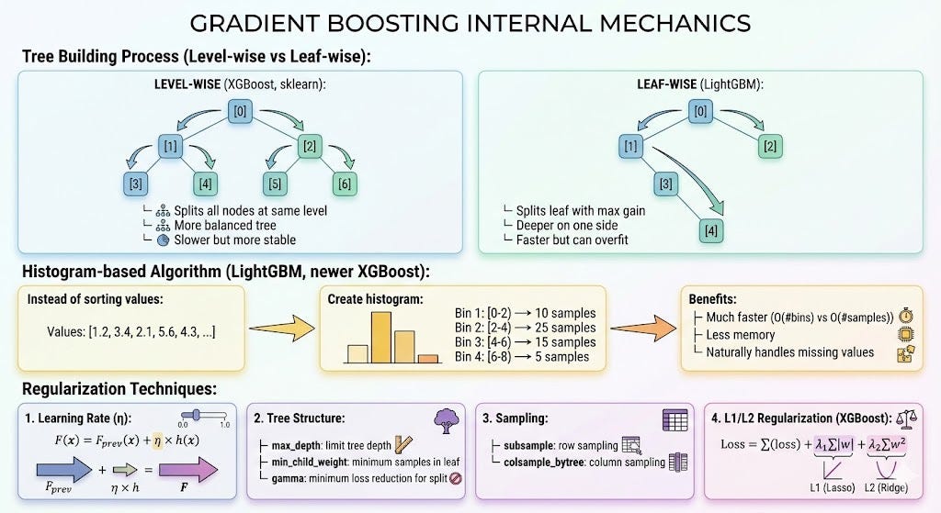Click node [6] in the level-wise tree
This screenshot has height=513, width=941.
click(x=345, y=184)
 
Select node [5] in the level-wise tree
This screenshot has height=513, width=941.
click(x=275, y=184)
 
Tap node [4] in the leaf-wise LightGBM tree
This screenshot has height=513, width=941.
click(x=711, y=230)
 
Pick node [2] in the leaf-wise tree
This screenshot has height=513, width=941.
click(x=770, y=146)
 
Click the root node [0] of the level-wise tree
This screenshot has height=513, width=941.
click(x=240, y=111)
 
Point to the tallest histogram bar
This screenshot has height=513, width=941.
click(x=381, y=338)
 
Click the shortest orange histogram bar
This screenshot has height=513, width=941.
click(x=428, y=359)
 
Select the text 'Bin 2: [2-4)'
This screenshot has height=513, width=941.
click(x=482, y=328)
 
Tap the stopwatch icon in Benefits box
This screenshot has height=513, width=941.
click(x=905, y=316)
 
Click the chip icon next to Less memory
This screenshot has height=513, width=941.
click(x=905, y=334)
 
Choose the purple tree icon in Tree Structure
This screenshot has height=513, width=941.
click(x=447, y=420)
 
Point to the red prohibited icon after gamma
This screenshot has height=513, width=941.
click(x=456, y=478)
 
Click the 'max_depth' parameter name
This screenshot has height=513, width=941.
click(x=295, y=446)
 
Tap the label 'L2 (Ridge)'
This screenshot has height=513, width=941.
click(x=886, y=488)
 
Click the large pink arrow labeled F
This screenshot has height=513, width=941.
click(x=187, y=469)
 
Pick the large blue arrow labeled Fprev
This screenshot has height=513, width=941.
click(x=64, y=469)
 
